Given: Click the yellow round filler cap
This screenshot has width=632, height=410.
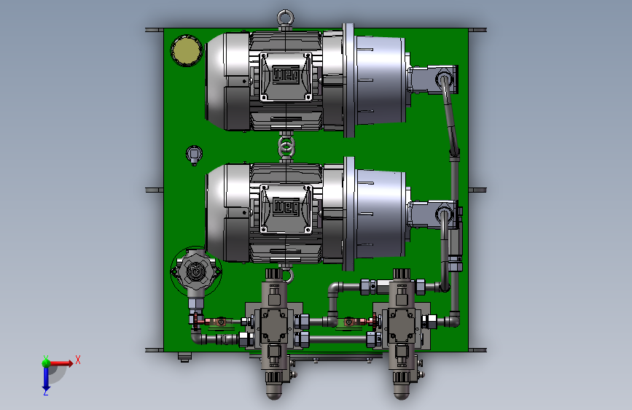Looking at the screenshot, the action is tap(186, 50).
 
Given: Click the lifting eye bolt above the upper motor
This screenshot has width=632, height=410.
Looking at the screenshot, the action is tap(285, 20).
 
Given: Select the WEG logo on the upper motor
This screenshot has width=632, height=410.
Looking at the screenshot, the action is tap(286, 75).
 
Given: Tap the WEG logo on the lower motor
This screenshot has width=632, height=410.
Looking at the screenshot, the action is tap(286, 207).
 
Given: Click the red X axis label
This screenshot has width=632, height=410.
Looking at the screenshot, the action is tap(78, 360).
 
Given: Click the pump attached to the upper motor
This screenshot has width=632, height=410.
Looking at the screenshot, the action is tap(432, 80).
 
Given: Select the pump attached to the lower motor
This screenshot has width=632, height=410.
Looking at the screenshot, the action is tap(432, 214).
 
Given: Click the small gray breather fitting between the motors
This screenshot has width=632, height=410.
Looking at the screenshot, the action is tap(194, 155).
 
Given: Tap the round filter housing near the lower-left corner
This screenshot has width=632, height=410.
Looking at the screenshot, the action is tap(196, 271).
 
